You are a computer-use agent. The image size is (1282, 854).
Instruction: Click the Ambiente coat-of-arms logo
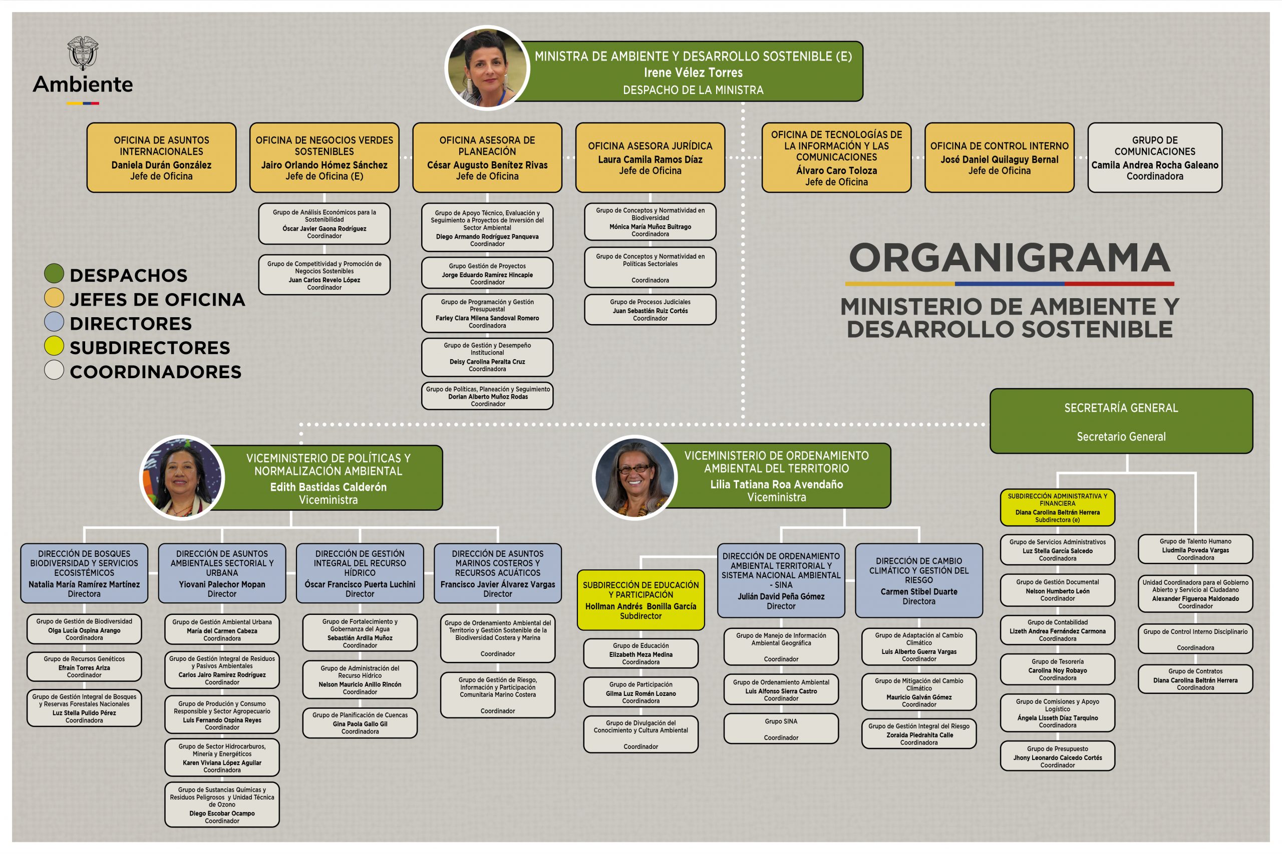point(83,54)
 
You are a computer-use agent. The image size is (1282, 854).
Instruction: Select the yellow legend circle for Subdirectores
point(54,346)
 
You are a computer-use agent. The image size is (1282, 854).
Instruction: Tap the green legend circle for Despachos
point(54,274)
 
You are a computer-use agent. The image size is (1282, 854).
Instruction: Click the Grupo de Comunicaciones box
point(1154,158)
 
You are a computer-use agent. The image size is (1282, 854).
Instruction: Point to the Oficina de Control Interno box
point(999,158)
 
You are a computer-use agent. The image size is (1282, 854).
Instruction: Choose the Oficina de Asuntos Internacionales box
point(161,158)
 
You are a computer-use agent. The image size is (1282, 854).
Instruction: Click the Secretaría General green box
point(1121,421)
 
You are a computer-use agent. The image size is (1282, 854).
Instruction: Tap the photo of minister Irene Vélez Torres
point(487,68)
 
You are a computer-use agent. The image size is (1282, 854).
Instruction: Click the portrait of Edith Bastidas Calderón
point(182,478)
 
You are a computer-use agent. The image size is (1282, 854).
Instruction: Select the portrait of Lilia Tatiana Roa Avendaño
point(634,478)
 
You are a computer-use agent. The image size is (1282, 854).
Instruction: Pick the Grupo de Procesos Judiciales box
point(651,310)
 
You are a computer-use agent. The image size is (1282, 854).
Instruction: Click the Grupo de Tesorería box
point(1058,669)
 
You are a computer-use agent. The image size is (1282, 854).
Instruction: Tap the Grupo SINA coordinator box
point(781,729)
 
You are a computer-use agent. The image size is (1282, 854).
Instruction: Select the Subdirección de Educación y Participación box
point(641,600)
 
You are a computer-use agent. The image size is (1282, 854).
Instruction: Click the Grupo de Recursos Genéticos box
point(84,667)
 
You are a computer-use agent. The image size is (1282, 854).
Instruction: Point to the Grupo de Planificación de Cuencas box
point(360,723)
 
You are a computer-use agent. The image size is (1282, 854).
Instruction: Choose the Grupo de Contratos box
point(1195,679)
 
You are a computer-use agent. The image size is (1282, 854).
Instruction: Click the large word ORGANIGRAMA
point(1010,258)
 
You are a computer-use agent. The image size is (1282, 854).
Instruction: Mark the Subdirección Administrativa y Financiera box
point(1058,508)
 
